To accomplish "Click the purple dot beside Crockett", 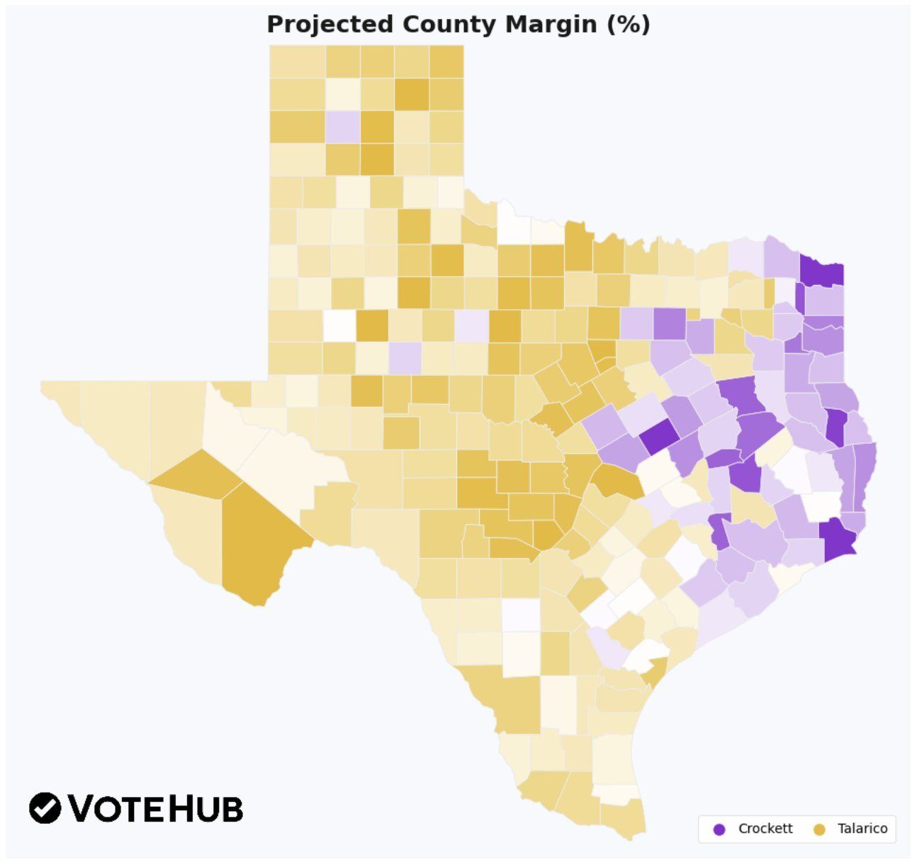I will (719, 830).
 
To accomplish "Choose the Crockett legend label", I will (765, 829).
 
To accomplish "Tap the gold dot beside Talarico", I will (820, 830).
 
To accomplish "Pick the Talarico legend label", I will (862, 829).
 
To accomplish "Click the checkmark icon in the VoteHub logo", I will (45, 808).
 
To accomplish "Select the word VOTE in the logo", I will (117, 808).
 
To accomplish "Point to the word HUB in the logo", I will (206, 808).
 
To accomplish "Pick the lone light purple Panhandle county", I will (343, 127).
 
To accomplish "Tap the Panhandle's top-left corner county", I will (297, 61).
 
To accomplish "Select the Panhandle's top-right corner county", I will (446, 61).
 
